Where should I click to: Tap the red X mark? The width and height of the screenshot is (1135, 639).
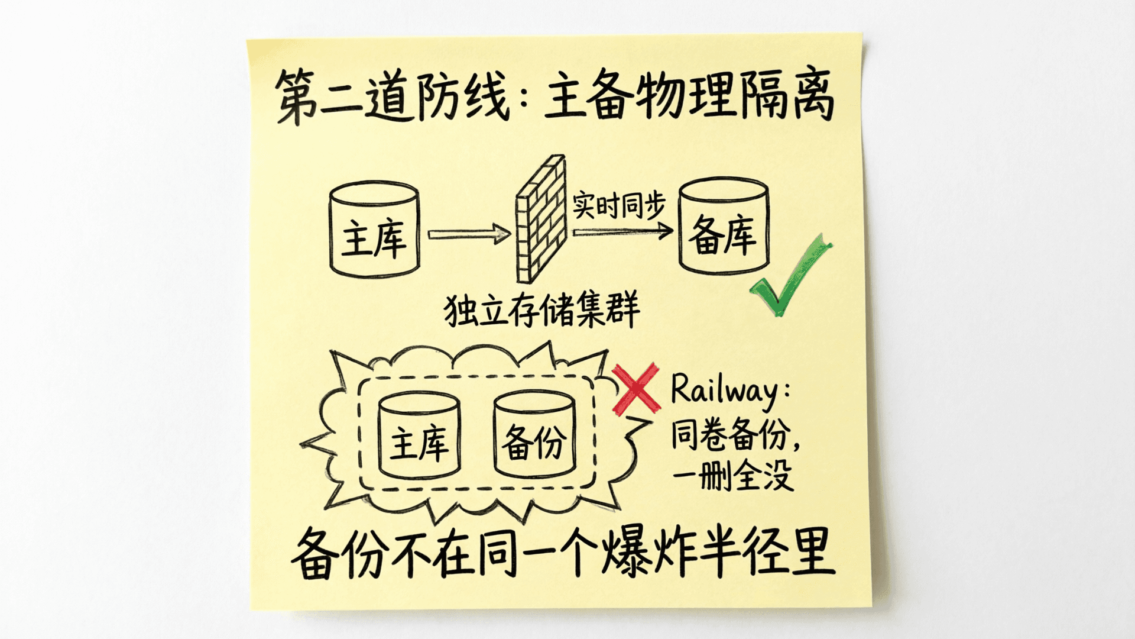[636, 389]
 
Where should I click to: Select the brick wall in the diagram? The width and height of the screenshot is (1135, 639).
[541, 219]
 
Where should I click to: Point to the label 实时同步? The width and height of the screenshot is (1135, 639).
[619, 205]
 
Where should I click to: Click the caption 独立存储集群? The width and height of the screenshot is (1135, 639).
[541, 309]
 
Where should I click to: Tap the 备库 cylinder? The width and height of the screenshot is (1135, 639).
[724, 225]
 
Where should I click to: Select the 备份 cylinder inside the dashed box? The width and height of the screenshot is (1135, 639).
[534, 435]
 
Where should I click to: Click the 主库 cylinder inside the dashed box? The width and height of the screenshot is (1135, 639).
[419, 435]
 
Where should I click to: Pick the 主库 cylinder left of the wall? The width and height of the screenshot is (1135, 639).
[374, 229]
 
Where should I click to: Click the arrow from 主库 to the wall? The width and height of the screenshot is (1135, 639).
[469, 234]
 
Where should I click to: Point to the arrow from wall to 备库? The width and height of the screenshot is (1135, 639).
[622, 231]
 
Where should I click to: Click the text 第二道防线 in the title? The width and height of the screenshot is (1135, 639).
[393, 96]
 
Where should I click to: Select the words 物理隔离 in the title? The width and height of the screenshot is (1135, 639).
[735, 95]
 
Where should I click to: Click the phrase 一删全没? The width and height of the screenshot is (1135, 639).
[732, 475]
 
